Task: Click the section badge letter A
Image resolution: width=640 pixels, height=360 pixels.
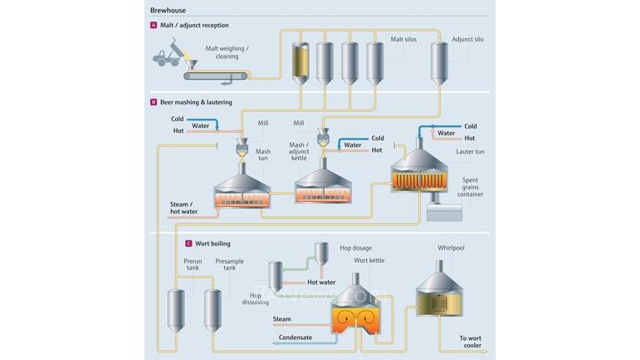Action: click(154, 26)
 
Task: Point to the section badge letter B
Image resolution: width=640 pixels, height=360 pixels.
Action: click(154, 102)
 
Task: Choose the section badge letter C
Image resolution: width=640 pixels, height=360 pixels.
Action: click(188, 244)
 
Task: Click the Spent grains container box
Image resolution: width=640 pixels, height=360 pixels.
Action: click(444, 211)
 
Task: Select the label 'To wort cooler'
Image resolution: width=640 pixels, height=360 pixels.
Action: click(471, 342)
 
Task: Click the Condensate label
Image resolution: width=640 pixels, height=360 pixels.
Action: click(295, 337)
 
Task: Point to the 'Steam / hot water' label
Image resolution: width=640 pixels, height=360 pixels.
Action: click(183, 207)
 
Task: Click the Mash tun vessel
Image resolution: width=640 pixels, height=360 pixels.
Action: click(245, 187)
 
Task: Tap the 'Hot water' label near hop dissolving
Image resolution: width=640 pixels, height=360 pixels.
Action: click(321, 282)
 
